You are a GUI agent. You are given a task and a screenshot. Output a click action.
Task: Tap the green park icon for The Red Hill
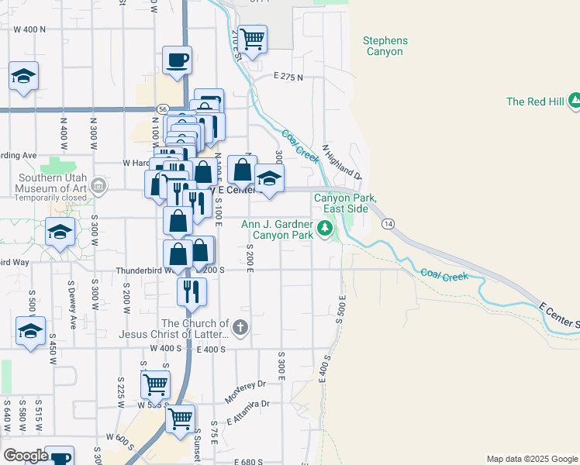point(575,100)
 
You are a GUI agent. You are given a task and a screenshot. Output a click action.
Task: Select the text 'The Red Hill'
point(535,102)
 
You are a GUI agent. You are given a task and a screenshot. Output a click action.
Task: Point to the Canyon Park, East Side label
point(345,203)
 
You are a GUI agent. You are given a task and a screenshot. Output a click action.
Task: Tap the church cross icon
point(240,328)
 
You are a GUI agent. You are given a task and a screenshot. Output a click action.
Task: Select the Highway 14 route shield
point(386,223)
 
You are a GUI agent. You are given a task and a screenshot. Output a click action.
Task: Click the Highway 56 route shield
point(162,108)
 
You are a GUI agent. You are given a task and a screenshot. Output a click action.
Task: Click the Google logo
point(26,456)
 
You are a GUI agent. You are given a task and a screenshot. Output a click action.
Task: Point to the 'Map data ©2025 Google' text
point(531,459)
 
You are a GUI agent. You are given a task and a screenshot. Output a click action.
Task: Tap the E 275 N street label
point(288,77)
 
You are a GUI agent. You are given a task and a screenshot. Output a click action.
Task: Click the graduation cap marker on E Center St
point(269,179)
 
